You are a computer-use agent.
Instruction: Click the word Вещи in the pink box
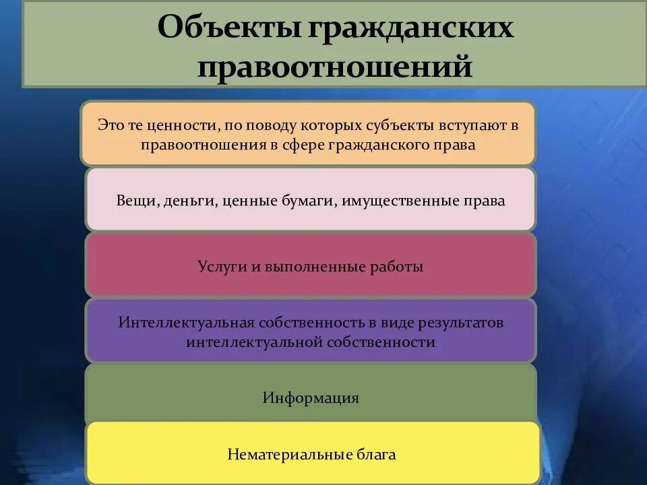tap(136, 200)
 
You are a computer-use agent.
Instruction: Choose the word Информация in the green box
tap(311, 397)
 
